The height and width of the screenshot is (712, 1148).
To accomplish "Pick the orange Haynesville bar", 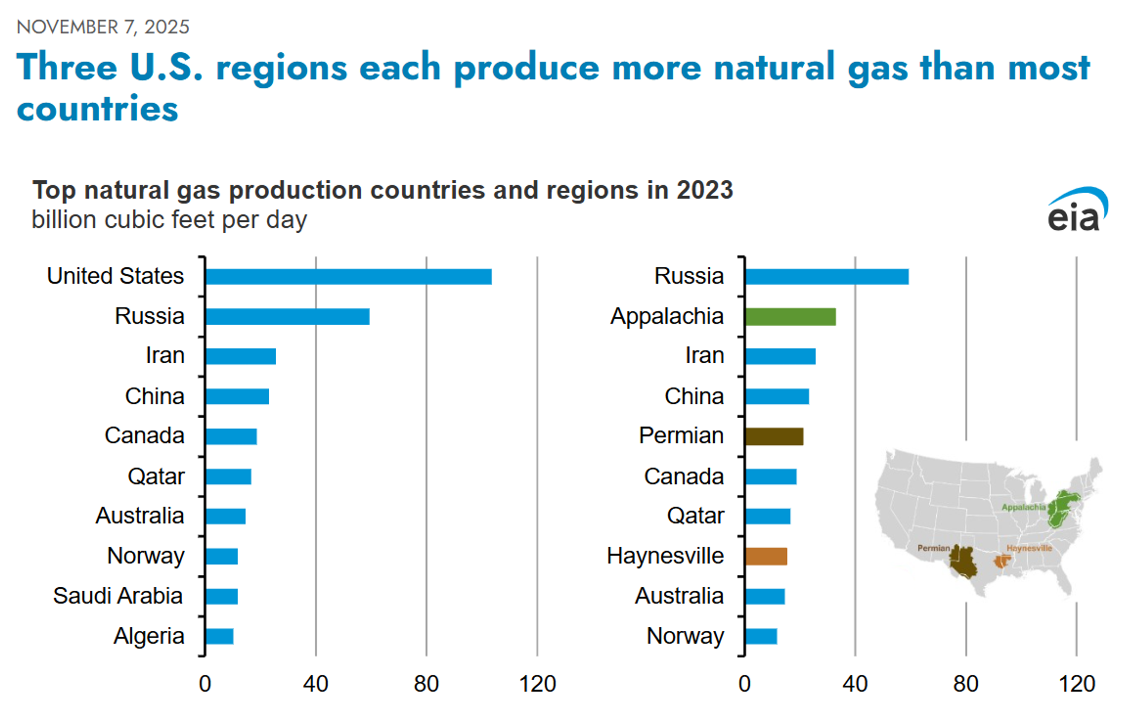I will click(766, 556).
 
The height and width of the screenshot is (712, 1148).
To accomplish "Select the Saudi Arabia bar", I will click(222, 596).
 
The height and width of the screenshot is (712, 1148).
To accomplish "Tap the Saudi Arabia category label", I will click(118, 596).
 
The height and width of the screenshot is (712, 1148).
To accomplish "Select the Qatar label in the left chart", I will click(156, 476).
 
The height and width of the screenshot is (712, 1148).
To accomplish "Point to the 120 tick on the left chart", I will click(537, 684).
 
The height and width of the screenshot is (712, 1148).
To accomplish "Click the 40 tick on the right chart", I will click(855, 684).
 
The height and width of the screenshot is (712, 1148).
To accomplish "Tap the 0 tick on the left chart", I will click(205, 684).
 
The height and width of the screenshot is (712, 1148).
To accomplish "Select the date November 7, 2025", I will click(103, 27).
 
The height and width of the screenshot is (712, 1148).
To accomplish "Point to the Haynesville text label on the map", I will click(1029, 548).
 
